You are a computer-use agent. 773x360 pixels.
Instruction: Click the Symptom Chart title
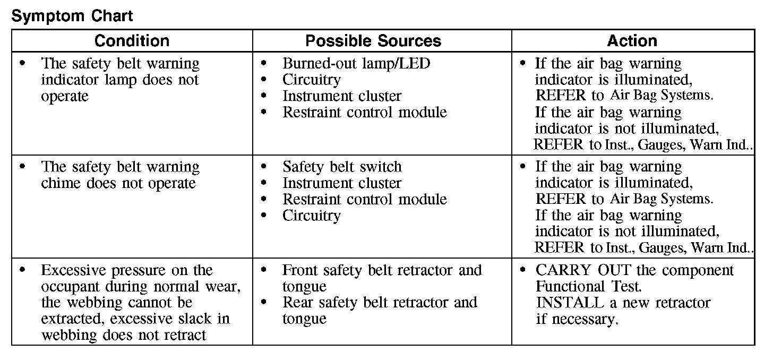point(72,16)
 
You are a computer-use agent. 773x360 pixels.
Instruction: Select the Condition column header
point(132,41)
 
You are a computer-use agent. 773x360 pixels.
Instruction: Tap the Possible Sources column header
point(373,41)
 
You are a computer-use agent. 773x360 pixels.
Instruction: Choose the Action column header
point(632,41)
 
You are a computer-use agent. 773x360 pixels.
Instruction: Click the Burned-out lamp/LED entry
point(356,64)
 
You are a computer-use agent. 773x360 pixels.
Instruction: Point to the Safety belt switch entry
point(342,167)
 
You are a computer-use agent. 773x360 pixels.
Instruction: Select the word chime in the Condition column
point(61,183)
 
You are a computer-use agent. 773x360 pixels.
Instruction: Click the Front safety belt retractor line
point(382,270)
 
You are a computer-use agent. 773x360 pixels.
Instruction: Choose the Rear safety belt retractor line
point(380,303)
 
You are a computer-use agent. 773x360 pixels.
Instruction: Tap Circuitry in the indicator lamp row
point(312,80)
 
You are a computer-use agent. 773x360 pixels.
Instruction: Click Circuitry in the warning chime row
point(312,216)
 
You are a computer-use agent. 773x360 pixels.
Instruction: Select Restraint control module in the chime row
point(365,200)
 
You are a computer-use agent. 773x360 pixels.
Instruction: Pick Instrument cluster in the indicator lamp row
point(342,97)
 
